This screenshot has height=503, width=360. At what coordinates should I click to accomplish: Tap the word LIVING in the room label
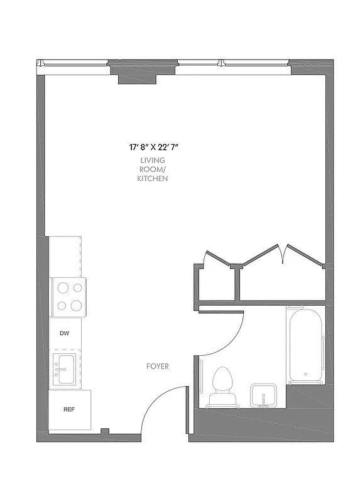tap(153, 161)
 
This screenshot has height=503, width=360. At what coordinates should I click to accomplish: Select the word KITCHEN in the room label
tap(153, 179)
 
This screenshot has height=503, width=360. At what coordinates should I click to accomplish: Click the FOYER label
tap(157, 366)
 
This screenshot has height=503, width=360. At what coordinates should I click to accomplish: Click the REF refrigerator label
tap(68, 409)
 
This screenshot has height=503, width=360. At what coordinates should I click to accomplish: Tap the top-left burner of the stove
tap(62, 289)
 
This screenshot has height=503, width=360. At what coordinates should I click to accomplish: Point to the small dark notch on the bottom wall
tap(106, 431)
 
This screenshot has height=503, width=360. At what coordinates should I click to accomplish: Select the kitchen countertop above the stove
tap(65, 256)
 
